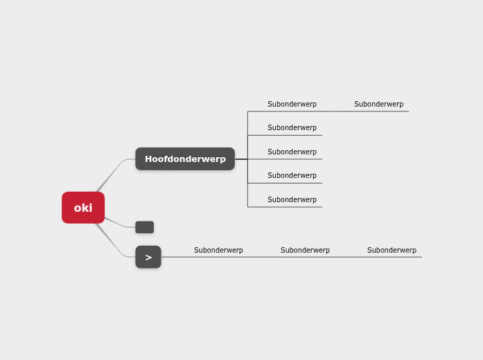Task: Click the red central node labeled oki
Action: [x=83, y=208]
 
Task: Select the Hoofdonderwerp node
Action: [x=185, y=159]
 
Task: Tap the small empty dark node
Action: [x=144, y=227]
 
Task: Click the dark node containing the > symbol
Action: [x=148, y=257]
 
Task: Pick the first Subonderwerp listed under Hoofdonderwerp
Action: [x=292, y=105]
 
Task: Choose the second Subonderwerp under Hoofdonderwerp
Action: [x=292, y=128]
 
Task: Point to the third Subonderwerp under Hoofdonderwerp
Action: [x=292, y=152]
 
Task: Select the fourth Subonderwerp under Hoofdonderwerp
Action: [x=292, y=176]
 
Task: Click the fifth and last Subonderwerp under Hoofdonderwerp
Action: [x=292, y=200]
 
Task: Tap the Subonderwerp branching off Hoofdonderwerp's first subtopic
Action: [x=378, y=105]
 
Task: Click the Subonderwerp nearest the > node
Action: [x=218, y=251]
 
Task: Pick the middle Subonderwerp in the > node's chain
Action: [x=305, y=251]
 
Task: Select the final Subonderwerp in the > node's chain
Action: [x=392, y=251]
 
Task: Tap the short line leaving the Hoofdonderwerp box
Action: [x=241, y=159]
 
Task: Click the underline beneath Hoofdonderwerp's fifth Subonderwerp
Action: [x=291, y=207]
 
